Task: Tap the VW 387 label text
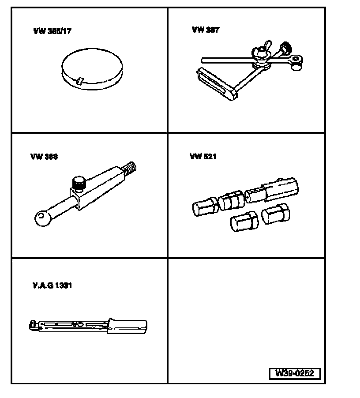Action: click(206, 30)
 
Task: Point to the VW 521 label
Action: click(203, 157)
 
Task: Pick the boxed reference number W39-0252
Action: click(294, 373)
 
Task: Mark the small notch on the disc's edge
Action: click(79, 81)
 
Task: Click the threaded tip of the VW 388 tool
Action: click(131, 168)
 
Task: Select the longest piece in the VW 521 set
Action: click(272, 191)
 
